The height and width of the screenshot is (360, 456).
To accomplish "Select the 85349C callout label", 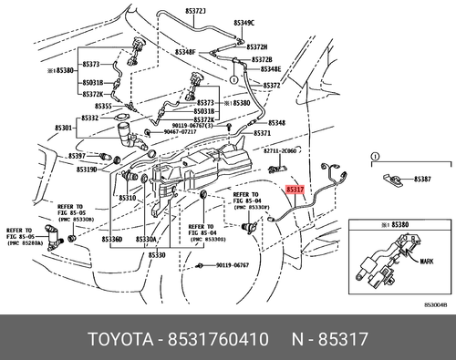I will coord(244,21).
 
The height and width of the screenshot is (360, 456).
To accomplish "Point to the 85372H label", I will coord(258,46).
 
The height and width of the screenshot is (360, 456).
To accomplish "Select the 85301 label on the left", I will coord(61,128).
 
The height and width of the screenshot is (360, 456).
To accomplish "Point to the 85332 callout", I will coord(89,118).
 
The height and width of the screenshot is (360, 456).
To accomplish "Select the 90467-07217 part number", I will coord(176,132).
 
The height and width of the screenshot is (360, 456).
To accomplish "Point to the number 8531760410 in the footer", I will coord(216,341).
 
